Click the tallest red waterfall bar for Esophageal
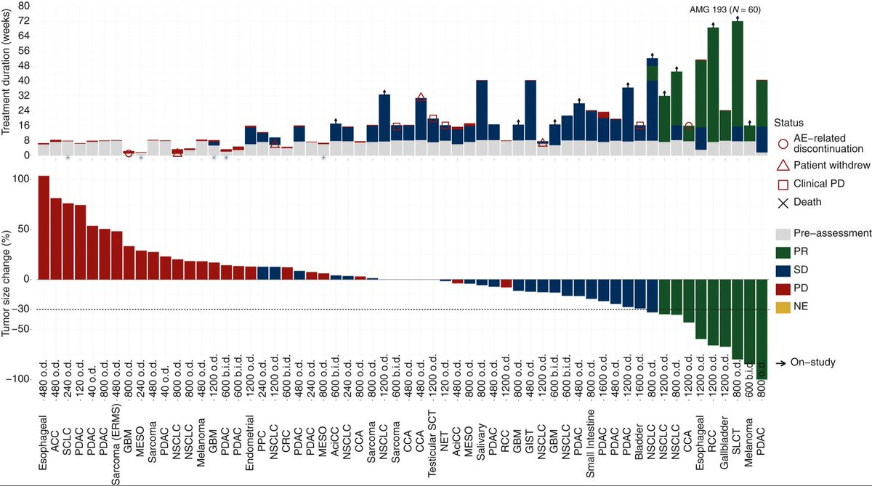tap(44, 227)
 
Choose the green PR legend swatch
tap(783, 251)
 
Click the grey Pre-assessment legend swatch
tap(783, 233)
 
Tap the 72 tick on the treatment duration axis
tap(24, 20)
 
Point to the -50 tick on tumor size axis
tap(22, 329)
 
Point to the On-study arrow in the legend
tap(781, 363)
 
